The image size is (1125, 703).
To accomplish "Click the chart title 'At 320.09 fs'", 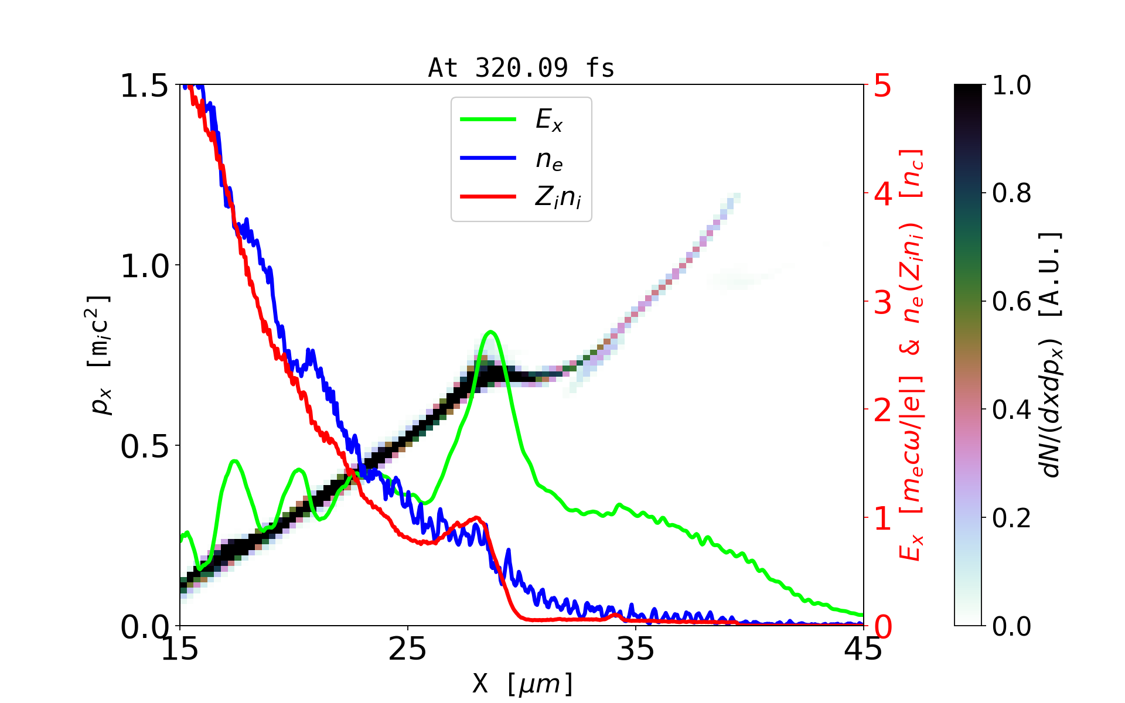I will click(x=521, y=69).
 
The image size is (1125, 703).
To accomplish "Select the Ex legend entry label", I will click(x=548, y=120).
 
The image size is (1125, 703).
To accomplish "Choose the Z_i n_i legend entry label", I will click(x=558, y=197).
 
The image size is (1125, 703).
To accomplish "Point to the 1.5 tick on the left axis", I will click(x=144, y=86).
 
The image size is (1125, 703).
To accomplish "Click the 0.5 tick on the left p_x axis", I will click(x=144, y=446).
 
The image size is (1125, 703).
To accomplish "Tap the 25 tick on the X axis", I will click(x=408, y=649).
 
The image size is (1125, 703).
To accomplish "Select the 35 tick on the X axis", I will click(x=636, y=649).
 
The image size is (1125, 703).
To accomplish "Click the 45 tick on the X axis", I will click(x=864, y=649).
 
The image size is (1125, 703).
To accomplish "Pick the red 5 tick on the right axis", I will click(x=882, y=86).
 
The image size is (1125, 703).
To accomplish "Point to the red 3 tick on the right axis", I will click(x=882, y=302).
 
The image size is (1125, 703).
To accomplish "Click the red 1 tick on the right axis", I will click(x=882, y=518).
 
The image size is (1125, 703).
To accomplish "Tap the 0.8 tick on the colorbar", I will click(x=1011, y=193).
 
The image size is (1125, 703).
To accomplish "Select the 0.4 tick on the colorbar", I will click(x=1011, y=410).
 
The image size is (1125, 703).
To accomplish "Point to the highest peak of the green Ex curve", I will click(x=491, y=332).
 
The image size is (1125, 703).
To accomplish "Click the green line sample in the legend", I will click(x=488, y=120).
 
